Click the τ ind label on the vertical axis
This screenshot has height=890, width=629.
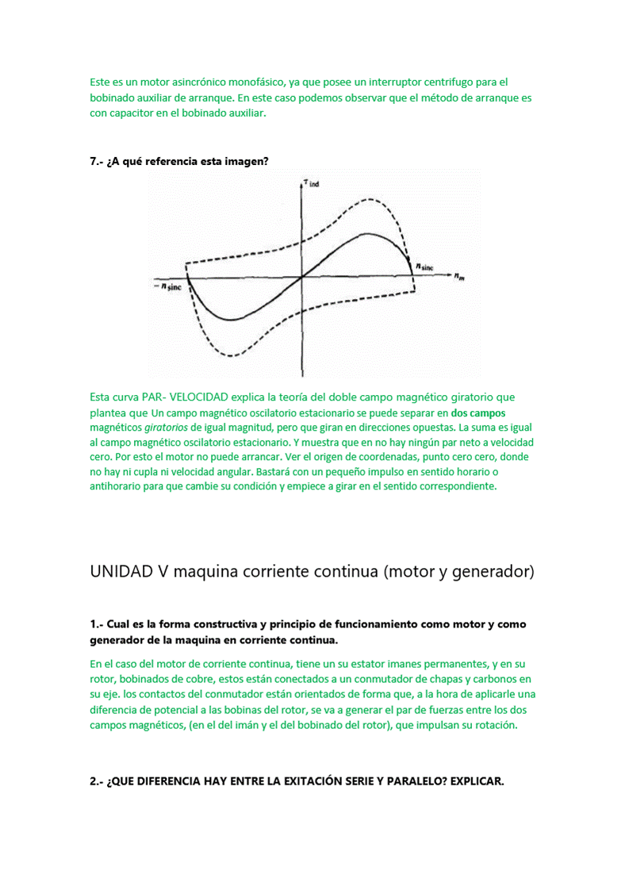point(309,184)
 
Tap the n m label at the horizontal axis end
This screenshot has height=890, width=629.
point(460,277)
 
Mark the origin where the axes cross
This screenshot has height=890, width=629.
point(302,277)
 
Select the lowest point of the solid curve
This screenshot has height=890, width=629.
point(230,320)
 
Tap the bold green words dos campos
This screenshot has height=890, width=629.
point(478,413)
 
